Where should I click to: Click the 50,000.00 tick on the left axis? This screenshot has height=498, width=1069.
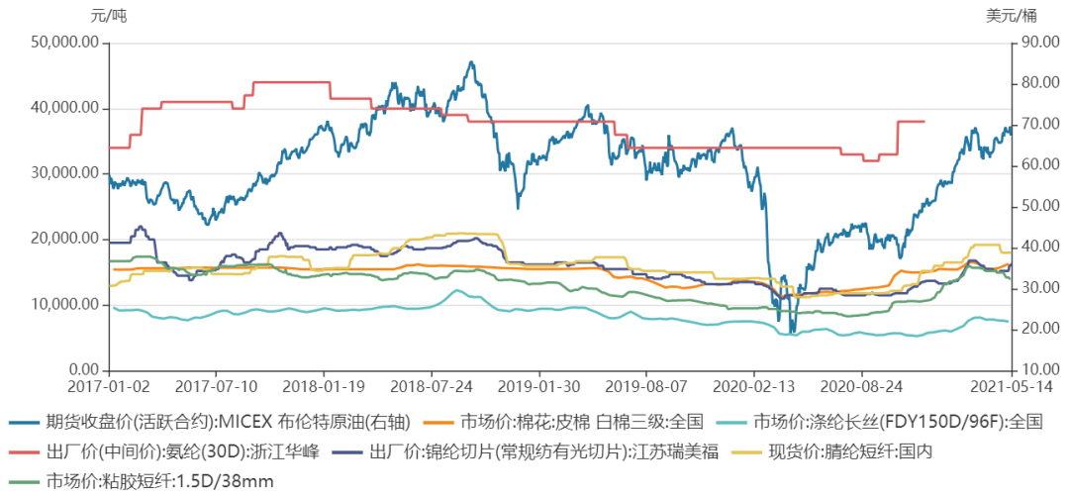pyautogui.click(x=65, y=43)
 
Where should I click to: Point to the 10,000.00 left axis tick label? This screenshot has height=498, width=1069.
pyautogui.click(x=65, y=305)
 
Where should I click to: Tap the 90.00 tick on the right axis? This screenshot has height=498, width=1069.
pyautogui.click(x=1037, y=43)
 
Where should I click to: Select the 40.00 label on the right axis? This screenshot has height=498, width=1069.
pyautogui.click(x=1037, y=247)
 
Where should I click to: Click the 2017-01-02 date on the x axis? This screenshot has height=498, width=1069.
pyautogui.click(x=109, y=386)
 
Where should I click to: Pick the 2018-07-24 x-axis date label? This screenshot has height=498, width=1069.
pyautogui.click(x=431, y=386)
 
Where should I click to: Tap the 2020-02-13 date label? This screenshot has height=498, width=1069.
pyautogui.click(x=754, y=386)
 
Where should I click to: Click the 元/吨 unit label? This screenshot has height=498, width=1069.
pyautogui.click(x=109, y=15)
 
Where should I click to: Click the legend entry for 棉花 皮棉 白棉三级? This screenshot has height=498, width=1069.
pyautogui.click(x=562, y=423)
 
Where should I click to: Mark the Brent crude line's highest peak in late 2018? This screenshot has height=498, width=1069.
pyautogui.click(x=470, y=62)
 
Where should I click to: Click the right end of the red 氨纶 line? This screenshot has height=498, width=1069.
pyautogui.click(x=923, y=122)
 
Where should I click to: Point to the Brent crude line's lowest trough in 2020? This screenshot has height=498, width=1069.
pyautogui.click(x=792, y=333)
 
